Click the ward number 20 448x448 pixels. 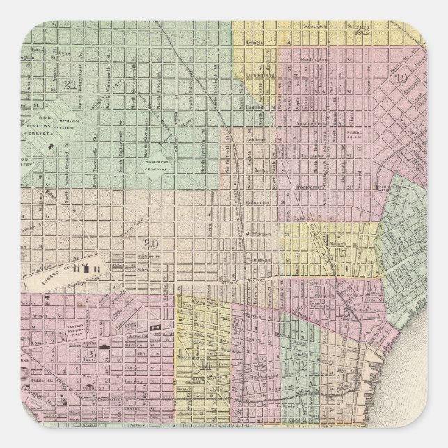[147, 243]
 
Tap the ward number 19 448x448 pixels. [402, 79]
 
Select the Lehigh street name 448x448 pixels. [255, 42]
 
